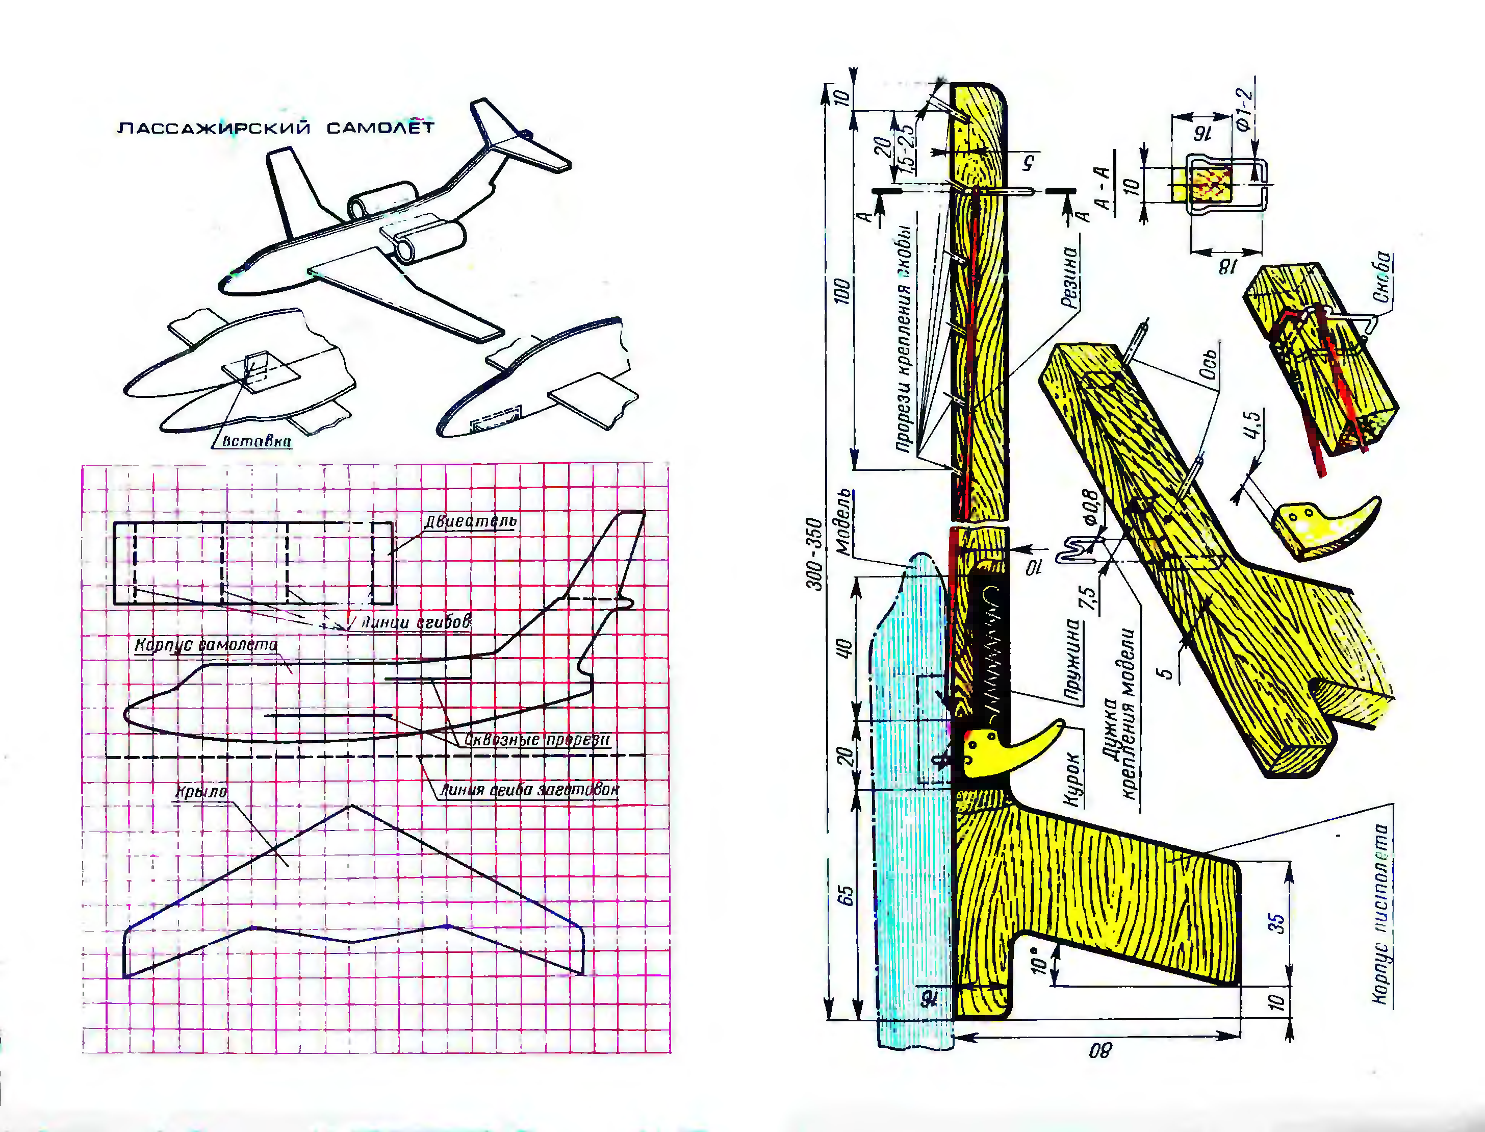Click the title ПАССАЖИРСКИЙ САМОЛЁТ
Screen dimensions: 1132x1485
point(275,128)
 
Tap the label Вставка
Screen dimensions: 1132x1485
point(257,441)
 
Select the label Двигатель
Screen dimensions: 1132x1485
point(471,521)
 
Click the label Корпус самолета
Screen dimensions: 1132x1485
point(206,645)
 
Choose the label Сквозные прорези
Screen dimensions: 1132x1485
point(537,740)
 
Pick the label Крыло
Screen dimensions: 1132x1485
point(201,792)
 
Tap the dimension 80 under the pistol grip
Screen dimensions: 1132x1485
point(1100,1050)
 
